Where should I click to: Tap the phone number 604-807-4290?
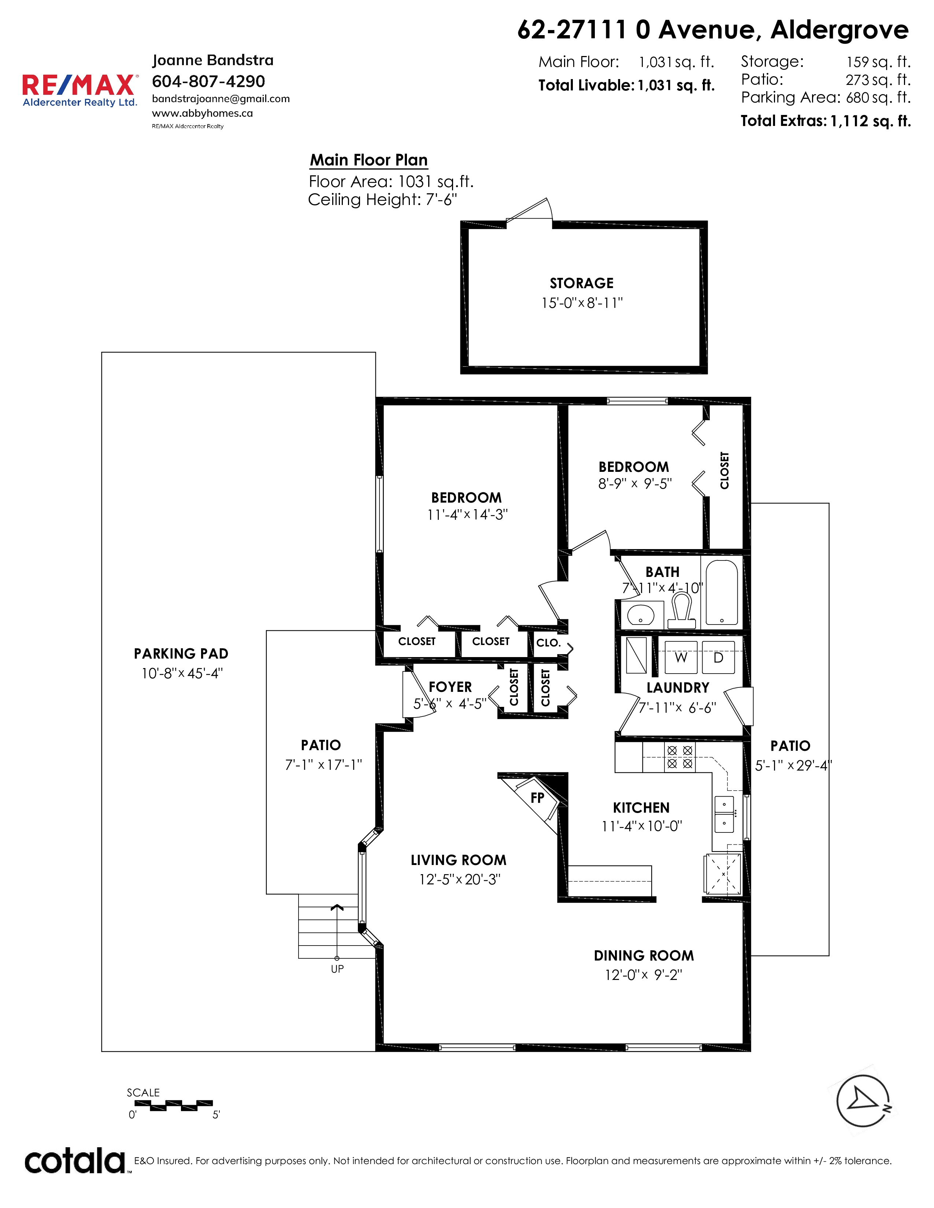coord(209,81)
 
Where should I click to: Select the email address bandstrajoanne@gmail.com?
coord(221,99)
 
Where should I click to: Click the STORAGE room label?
coord(582,283)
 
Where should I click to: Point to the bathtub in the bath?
coord(722,592)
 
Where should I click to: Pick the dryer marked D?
coord(718,657)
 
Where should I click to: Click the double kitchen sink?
coord(724,814)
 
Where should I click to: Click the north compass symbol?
coord(863,1101)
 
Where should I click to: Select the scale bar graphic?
coord(174,1105)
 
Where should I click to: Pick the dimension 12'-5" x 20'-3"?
coord(459,879)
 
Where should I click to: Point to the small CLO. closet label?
coord(548,643)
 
